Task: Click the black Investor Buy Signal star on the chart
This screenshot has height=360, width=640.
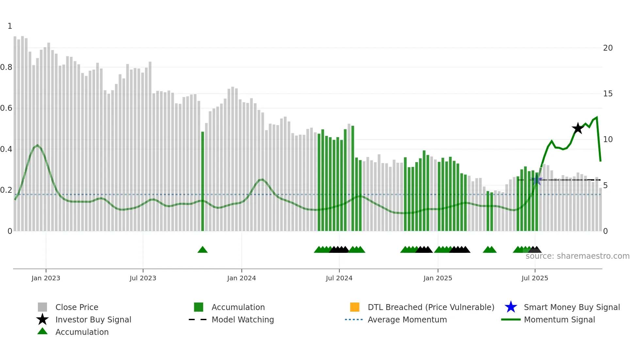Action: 578,128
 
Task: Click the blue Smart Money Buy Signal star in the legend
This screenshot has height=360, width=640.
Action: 511,307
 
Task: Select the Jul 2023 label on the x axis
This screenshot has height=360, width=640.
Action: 143,278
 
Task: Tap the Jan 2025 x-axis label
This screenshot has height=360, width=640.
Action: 438,278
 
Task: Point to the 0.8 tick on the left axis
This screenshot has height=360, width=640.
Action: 6,67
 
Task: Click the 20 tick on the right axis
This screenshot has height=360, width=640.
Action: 608,48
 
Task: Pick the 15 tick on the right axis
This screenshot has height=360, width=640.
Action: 608,94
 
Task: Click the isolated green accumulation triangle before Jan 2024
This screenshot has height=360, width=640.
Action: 202,250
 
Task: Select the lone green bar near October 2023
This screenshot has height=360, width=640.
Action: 202,181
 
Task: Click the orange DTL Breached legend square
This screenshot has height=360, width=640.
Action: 355,307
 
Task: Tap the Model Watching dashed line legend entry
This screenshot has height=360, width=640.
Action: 198,319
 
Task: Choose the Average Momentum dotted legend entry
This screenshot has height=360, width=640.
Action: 354,319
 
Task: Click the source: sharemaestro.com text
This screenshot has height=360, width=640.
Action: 577,256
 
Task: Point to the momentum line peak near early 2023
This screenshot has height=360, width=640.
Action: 38,145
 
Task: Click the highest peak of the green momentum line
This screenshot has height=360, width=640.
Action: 597,117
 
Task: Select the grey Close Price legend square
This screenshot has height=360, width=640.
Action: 42,307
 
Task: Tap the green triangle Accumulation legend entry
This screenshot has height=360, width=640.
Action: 42,331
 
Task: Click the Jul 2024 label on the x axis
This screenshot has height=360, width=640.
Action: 339,278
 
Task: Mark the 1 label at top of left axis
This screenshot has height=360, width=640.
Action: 10,26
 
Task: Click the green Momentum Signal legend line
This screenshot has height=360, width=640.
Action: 511,319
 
